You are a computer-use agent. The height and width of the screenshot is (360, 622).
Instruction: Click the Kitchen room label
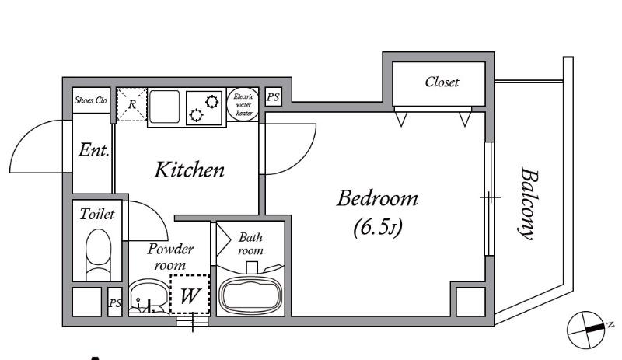click(x=189, y=170)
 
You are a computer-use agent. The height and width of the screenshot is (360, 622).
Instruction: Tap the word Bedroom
click(x=377, y=198)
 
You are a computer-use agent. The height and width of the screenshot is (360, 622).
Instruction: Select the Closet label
click(x=442, y=82)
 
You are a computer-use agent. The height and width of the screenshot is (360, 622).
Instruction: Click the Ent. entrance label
click(x=93, y=150)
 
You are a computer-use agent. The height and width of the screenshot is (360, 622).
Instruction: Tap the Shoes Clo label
click(x=91, y=100)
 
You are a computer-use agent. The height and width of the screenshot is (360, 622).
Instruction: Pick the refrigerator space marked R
click(x=132, y=104)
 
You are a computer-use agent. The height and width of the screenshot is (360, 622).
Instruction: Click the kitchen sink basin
click(x=164, y=107)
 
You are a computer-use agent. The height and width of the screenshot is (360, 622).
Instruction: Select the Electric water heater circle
click(x=243, y=104)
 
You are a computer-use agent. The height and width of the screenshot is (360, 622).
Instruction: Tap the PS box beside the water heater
click(x=273, y=97)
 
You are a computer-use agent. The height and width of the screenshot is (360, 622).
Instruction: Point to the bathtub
click(x=251, y=294)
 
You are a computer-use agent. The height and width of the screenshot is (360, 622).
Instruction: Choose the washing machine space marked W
click(x=190, y=294)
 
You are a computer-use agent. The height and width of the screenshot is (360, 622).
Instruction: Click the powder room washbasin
click(x=149, y=297)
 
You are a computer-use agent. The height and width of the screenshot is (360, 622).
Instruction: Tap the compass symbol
click(x=587, y=329)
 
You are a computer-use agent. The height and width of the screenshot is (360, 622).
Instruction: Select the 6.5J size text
click(x=378, y=226)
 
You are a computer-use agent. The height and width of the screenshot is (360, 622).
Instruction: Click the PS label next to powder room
click(x=115, y=303)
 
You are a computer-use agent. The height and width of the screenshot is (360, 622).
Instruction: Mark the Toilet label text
click(x=96, y=215)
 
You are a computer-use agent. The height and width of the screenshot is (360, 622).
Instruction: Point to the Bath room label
click(x=250, y=243)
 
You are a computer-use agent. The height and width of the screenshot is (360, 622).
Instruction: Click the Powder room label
click(x=170, y=257)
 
